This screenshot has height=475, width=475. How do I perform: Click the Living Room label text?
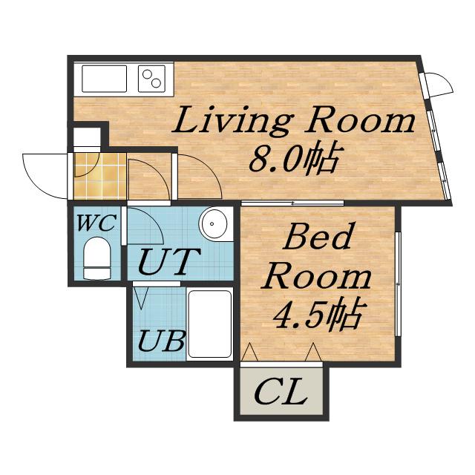pos(293,120)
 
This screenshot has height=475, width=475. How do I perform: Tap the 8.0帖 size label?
pos(293,159)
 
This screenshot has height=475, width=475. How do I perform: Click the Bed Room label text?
pos(317,256)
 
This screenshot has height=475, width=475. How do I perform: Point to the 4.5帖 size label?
pos(318,314)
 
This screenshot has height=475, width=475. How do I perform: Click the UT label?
pos(170,261)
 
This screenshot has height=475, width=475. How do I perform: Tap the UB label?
pos(161,341)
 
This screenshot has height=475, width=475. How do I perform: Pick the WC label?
pos(96,223)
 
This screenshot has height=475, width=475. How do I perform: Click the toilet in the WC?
pos(97,258)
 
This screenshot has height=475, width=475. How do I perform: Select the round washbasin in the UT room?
pos(213,224)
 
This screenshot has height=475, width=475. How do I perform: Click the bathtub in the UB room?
pos(209,324)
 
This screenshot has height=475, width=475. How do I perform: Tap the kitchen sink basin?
pos(104,79)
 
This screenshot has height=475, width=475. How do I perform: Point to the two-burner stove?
pos(151,79)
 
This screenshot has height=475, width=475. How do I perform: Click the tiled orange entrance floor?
pos(100,177)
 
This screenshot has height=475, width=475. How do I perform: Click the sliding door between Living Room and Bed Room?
pos(292,203)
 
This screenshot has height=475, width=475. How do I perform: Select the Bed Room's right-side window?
pos(399,284)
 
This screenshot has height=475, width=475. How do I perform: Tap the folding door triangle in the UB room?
pos(140,298)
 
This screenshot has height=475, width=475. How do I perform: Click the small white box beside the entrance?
pos(88,137)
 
